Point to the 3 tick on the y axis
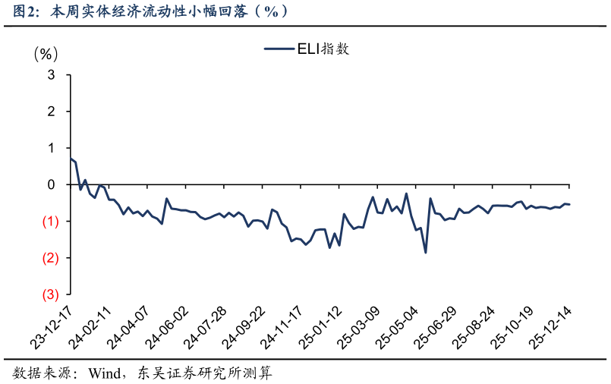(x=51, y=75)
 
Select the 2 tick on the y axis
(x=51, y=112)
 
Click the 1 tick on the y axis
(x=51, y=148)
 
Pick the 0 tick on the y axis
(x=51, y=184)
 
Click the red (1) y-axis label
(x=49, y=222)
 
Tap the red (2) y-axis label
(x=49, y=258)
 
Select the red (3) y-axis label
(x=49, y=294)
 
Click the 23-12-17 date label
(x=51, y=326)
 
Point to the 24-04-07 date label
(x=130, y=326)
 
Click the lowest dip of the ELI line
(x=425, y=253)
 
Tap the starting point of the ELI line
(x=70, y=159)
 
